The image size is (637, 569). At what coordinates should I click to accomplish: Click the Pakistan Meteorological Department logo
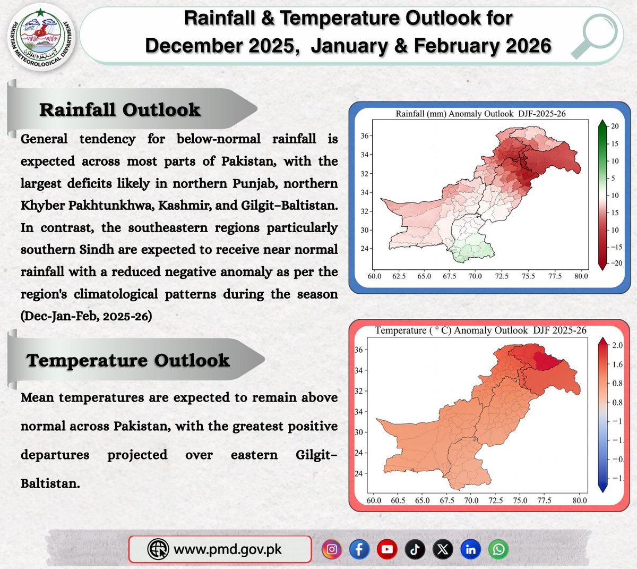pos(41,39)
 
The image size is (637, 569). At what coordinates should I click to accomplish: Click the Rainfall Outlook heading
pos(119,109)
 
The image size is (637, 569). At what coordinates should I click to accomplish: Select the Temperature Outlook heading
pos(128,360)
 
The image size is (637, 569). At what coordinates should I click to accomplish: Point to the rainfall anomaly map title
pos(480,114)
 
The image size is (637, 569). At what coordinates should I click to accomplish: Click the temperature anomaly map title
pos(480,330)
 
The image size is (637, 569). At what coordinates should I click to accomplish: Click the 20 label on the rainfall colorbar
pos(615,126)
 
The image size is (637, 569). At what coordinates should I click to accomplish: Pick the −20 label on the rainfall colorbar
pos(615,263)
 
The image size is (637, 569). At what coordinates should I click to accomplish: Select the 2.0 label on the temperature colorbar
pos(617,345)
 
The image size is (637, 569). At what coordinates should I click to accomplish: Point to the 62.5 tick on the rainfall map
pos(399,276)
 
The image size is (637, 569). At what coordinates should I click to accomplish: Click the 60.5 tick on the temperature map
pos(398,500)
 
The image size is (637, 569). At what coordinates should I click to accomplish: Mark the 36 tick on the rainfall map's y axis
pos(365,136)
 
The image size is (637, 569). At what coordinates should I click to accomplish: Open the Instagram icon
pos(332,549)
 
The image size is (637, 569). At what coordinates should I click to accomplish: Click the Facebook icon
pos(359,549)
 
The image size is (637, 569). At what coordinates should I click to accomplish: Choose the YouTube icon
pos(387,549)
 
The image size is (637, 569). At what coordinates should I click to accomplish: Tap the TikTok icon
pos(415,549)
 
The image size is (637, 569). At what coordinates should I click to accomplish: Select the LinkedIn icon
pos(471,549)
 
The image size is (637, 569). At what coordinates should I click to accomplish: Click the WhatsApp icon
pos(499,549)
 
